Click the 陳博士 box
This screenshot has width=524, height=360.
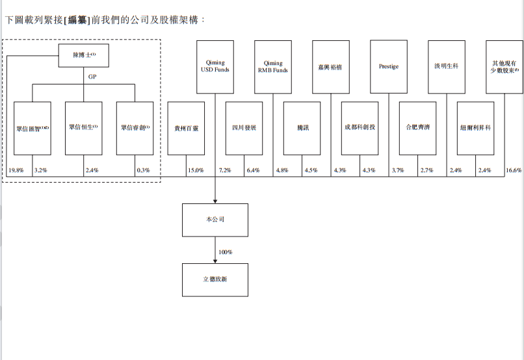pos(84,56)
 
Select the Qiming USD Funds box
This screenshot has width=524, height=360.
pos(215,66)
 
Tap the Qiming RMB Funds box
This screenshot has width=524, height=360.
pos(273,66)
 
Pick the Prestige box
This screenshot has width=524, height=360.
pos(389,66)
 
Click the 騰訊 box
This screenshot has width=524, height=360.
pos(302,128)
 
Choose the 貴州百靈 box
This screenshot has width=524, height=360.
pos(186,128)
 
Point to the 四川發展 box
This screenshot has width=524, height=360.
pos(244,128)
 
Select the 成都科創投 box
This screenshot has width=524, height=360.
pos(360,128)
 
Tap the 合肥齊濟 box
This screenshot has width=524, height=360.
pos(417,128)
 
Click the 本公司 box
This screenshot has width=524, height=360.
pos(215,220)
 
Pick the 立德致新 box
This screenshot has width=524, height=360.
pos(215,279)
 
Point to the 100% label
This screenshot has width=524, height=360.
pos(226,251)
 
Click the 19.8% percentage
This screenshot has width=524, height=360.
pos(16,171)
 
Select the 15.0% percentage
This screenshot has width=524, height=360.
pos(196,171)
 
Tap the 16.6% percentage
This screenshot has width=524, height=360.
pos(514,171)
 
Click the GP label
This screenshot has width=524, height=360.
pos(93,75)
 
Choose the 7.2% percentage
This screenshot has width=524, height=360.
pos(225,171)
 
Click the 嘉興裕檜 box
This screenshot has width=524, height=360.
pos(331,66)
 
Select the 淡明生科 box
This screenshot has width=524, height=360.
pos(447,66)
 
